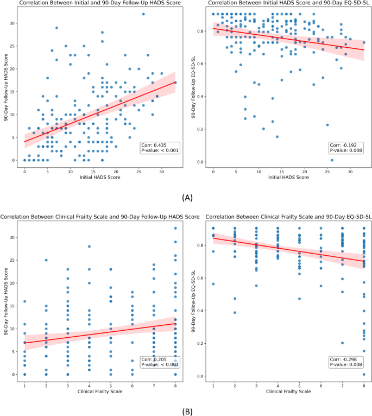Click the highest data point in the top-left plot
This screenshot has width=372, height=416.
tap(143, 14)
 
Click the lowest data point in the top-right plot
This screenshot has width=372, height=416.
tap(332, 160)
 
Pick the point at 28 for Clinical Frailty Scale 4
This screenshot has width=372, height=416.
tap(89, 246)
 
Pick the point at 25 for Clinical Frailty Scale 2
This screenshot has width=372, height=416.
tap(46, 260)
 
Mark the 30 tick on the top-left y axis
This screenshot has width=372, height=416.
tap(16, 23)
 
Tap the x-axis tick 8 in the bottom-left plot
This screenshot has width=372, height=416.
tap(175, 385)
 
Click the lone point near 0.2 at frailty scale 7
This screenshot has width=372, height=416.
tap(343, 343)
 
